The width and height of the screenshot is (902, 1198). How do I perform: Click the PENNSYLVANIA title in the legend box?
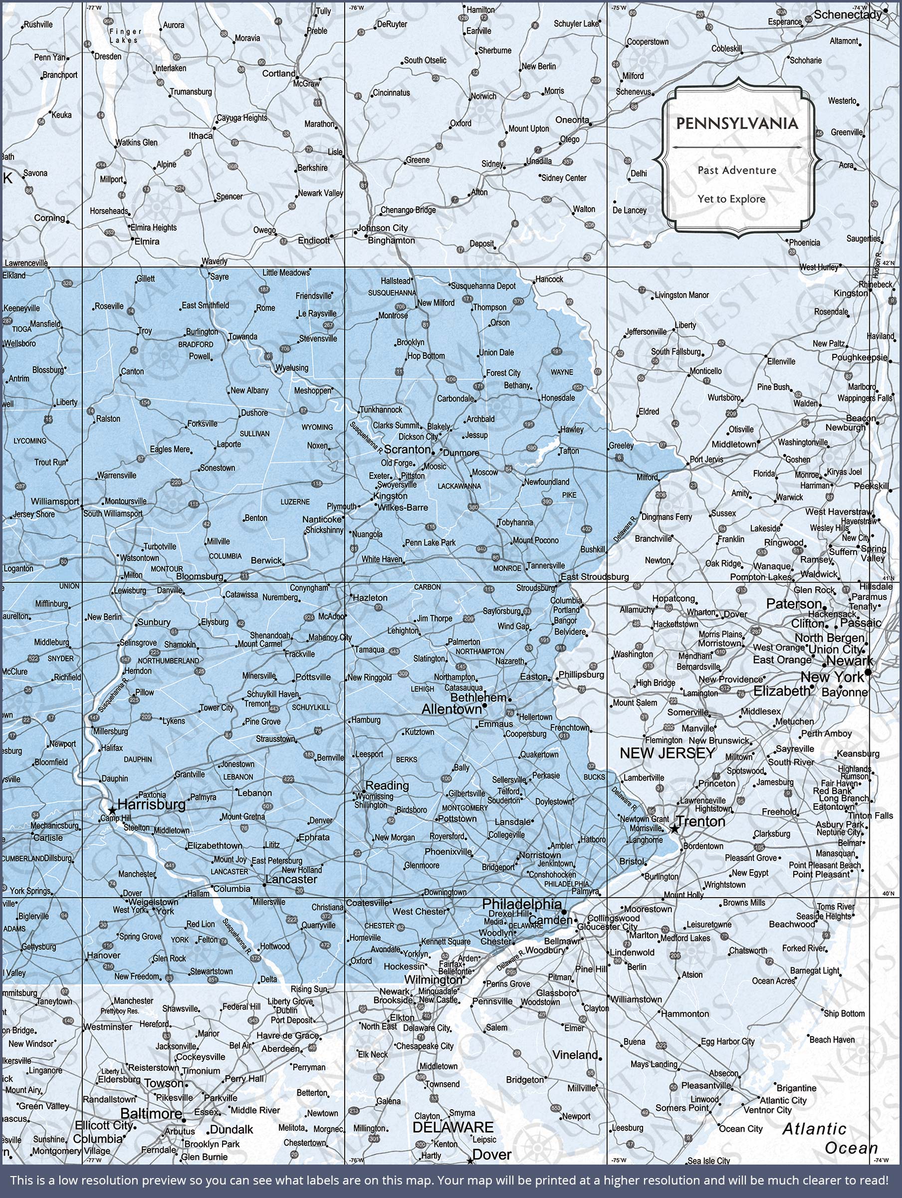coord(737,124)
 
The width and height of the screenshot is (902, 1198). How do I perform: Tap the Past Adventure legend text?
coord(737,170)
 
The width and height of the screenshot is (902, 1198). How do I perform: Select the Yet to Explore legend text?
coord(731,199)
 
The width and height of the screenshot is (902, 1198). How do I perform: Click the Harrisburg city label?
coord(152,804)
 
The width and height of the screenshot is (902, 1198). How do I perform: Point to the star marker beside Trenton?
coord(675,829)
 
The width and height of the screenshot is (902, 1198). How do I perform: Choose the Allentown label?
coord(451,709)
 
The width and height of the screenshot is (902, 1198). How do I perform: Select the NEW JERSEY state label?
coord(668,753)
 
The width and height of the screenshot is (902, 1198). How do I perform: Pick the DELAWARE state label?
coord(453,1127)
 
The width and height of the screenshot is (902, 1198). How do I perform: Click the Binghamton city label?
coord(392,240)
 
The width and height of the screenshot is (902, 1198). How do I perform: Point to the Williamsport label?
coord(55,502)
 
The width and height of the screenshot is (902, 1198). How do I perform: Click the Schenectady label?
coord(848,14)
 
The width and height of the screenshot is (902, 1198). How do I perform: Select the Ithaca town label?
coord(201,135)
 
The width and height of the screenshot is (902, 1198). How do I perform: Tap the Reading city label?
coord(387,785)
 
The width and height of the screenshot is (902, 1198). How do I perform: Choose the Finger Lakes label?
coord(125,36)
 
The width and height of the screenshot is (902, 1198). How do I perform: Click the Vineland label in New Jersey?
coord(575,1055)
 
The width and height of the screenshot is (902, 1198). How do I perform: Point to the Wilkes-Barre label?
coord(403,508)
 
